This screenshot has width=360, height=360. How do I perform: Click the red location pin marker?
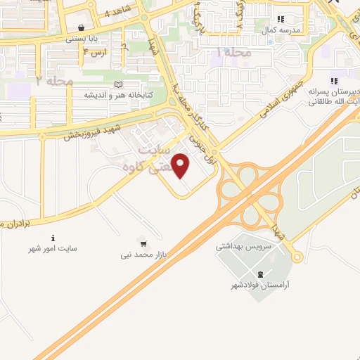(x=182, y=166)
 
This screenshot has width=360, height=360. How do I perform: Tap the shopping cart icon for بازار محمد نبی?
(x=144, y=245)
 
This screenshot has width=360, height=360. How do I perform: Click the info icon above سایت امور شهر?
(x=53, y=237)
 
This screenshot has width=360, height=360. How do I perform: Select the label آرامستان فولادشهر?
(x=262, y=286)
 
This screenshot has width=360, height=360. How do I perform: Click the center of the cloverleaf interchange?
(x=250, y=191)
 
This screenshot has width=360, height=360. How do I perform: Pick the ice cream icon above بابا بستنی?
(x=83, y=28)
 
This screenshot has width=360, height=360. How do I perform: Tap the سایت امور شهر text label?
(x=53, y=249)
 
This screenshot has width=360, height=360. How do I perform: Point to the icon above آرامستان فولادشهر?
(x=262, y=274)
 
